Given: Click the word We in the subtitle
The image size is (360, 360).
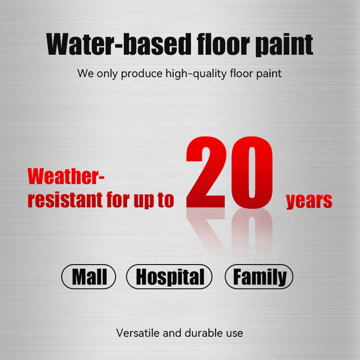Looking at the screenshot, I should (85, 73).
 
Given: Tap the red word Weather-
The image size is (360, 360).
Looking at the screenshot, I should (66, 177).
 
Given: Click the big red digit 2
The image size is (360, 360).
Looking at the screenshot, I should (207, 173).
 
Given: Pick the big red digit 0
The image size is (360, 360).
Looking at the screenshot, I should (252, 173).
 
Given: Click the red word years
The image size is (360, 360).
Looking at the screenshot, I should (309, 201).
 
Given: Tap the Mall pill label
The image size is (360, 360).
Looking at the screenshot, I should (89, 277).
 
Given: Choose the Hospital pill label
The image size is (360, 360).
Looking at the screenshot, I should (169, 277).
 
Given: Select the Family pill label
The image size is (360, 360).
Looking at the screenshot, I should (259, 277).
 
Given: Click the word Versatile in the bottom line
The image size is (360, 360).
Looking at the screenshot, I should (134, 333).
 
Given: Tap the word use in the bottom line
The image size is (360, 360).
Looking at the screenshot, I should (234, 333).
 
